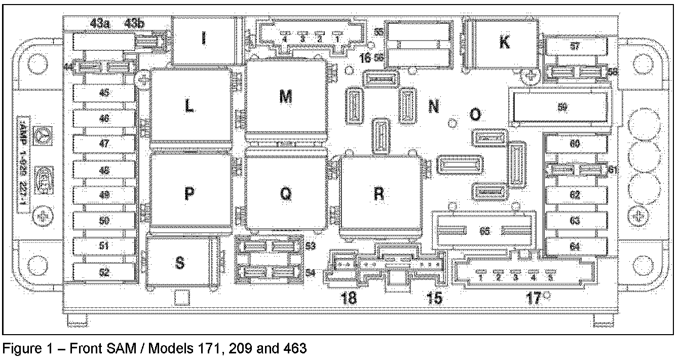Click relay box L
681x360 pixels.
189,106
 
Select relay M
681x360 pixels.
285,98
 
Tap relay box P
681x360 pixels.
189,194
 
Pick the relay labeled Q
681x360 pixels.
285,194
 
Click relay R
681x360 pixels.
379,194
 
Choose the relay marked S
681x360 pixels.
179,263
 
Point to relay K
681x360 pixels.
504,43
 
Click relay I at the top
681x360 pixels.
204,39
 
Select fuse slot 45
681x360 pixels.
104,93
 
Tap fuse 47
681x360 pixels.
104,143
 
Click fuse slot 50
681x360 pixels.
104,221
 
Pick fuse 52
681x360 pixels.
104,272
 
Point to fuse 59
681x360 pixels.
561,107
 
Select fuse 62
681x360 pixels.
575,195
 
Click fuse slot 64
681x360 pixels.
575,247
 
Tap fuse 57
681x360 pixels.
575,46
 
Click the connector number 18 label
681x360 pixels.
350,298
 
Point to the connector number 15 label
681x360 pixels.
435,298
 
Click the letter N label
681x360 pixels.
433,107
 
